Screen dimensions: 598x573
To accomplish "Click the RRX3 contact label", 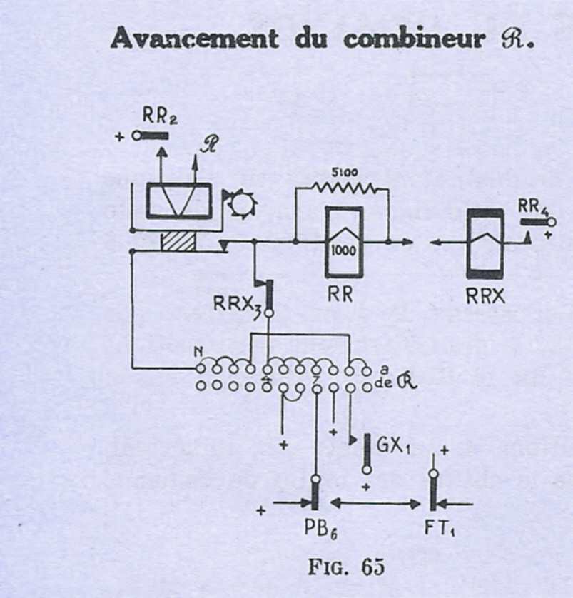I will [x=233, y=305].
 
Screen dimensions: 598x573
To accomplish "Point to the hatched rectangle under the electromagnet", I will [x=178, y=240].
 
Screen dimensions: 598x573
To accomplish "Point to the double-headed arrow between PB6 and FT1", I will [x=375, y=505].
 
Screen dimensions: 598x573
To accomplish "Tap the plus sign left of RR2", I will [x=119, y=136].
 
